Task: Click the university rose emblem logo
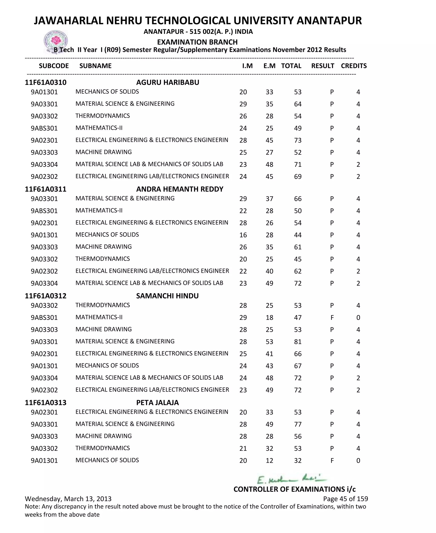pos(56,41)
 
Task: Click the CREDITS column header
pos(354,66)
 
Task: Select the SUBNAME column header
pos(95,66)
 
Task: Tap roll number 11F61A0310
pos(46,82)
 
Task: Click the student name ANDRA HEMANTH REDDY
pos(180,189)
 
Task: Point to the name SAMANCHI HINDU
pos(167,296)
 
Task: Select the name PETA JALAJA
pos(158,403)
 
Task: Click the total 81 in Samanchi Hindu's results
pos(298,342)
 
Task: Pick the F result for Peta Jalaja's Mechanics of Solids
pos(332,460)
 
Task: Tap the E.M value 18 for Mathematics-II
pos(269,318)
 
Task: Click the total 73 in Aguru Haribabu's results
pos(298,140)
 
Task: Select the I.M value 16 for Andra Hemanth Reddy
pos(243,235)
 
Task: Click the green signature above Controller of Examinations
pos(291,479)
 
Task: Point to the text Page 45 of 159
pos(345,499)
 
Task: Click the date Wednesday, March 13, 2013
pos(68,499)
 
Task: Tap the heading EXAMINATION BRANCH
pos(197,42)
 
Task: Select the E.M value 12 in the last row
pos(269,460)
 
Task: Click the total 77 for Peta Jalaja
pos(298,424)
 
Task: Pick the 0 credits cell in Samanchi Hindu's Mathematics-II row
pos(358,318)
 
